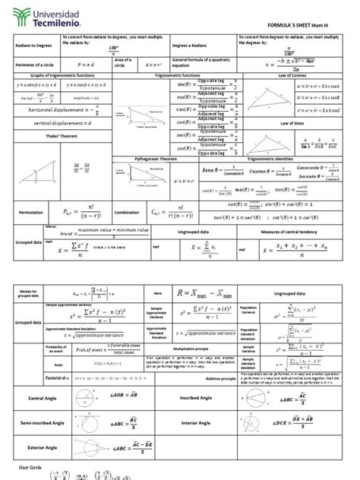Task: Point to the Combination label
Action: [126, 213]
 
